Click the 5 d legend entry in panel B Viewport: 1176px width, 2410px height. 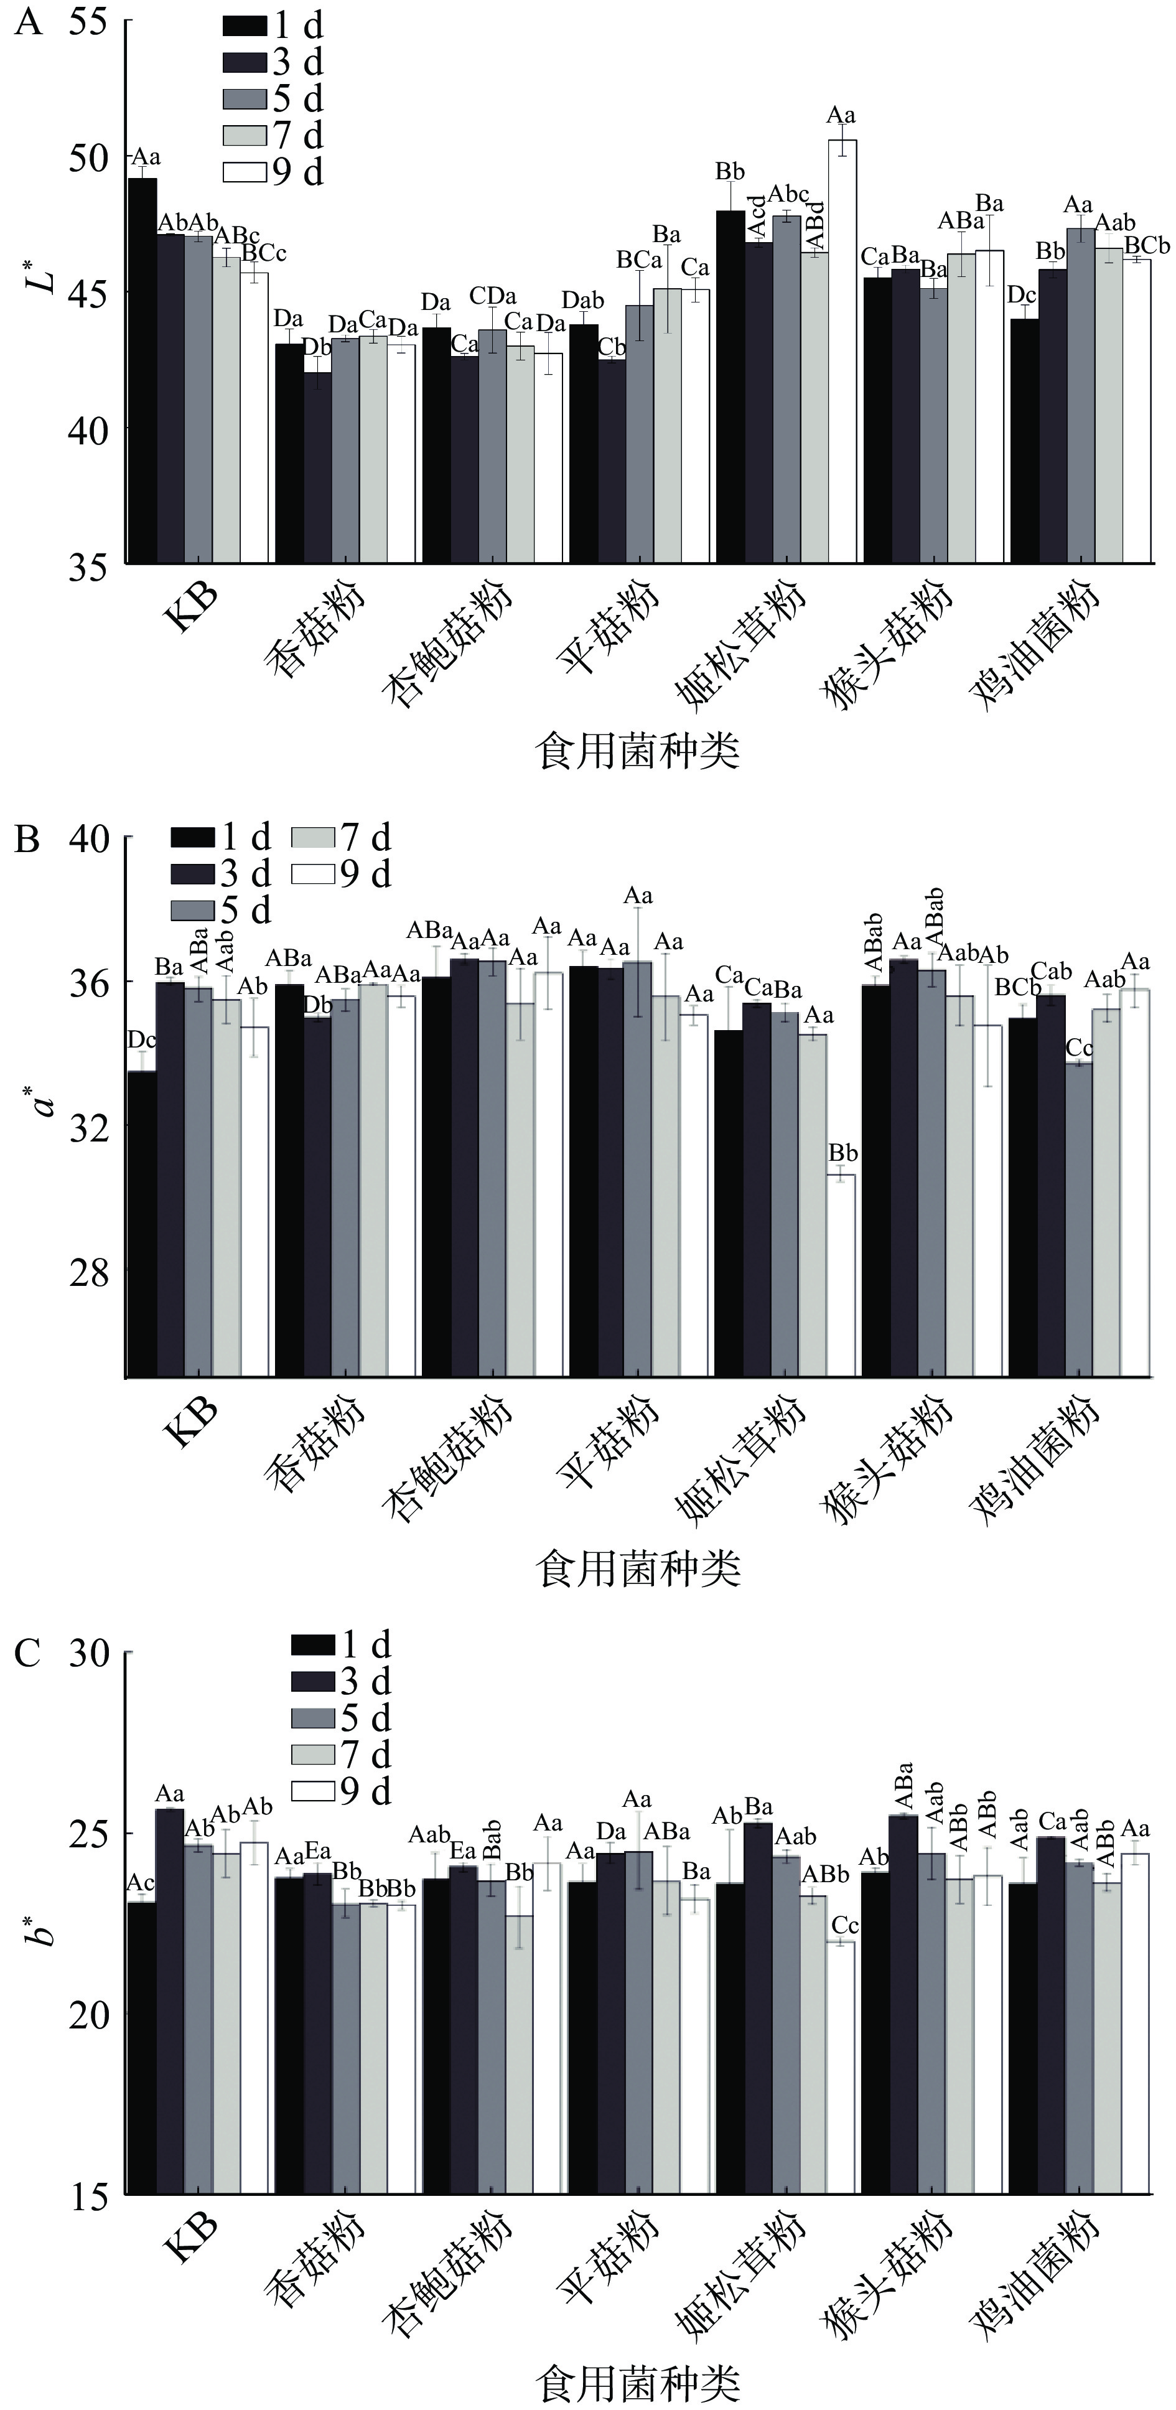pyautogui.click(x=220, y=909)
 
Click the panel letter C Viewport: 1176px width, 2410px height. pyautogui.click(x=28, y=1653)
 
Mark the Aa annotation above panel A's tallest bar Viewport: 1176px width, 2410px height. pyautogui.click(x=841, y=116)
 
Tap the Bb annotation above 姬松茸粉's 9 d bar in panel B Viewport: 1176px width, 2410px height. pyautogui.click(x=843, y=1153)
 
